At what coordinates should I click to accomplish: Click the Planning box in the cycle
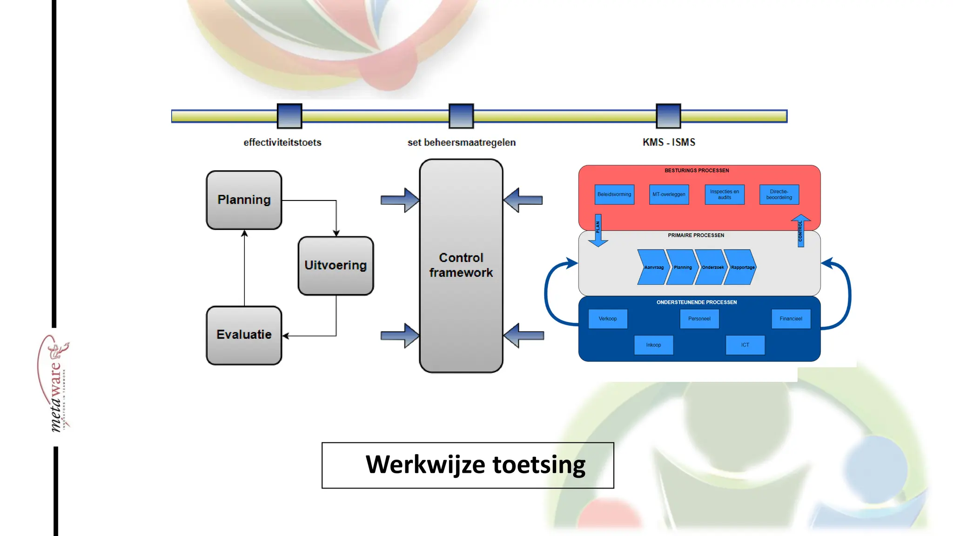[244, 200]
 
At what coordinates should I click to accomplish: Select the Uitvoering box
[336, 265]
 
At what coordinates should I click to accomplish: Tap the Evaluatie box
[244, 335]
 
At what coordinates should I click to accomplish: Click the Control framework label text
[461, 265]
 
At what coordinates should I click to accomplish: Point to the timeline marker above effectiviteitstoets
[289, 116]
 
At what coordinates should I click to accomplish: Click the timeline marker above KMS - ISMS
[668, 116]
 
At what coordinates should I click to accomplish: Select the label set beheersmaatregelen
[461, 142]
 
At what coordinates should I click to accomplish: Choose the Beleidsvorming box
[614, 194]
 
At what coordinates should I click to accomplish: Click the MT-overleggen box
[669, 194]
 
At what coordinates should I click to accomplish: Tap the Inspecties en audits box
[725, 194]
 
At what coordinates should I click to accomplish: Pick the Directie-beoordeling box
[779, 194]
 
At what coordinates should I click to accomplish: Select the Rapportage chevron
[741, 267]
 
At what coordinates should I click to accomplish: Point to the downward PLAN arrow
[598, 230]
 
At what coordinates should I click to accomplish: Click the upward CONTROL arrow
[800, 230]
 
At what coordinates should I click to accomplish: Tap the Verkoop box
[608, 319]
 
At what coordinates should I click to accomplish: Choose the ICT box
[745, 345]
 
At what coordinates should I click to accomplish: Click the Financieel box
[791, 319]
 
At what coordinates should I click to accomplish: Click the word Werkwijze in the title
[425, 465]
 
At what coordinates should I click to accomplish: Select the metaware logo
[55, 384]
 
